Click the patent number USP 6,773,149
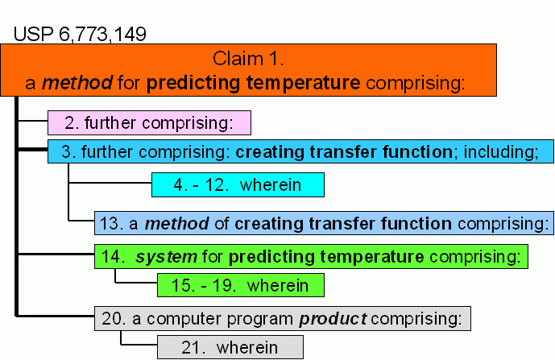(x=80, y=35)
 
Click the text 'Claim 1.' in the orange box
(x=248, y=59)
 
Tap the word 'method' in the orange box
(x=77, y=82)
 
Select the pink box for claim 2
(x=149, y=123)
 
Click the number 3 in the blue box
(x=66, y=152)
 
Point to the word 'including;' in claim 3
(x=501, y=152)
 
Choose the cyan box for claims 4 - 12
(x=238, y=184)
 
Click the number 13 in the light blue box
(x=109, y=224)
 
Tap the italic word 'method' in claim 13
(x=176, y=224)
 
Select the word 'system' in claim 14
(x=167, y=257)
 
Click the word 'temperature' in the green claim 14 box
(x=372, y=257)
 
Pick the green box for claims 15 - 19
(x=241, y=285)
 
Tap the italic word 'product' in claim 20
(x=333, y=319)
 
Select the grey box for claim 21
(x=230, y=347)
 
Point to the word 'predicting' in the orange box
(x=193, y=83)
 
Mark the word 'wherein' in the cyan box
(x=271, y=184)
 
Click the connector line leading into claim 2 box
(x=32, y=121)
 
